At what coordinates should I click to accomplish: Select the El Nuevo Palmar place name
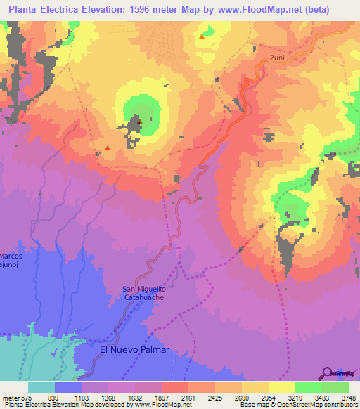[x=134, y=349]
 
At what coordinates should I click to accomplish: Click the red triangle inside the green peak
[x=139, y=122]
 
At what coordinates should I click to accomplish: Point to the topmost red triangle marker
[x=202, y=36]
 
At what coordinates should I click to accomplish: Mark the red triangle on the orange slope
[x=107, y=148]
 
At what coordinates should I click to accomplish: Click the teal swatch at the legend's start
[x=41, y=387]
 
